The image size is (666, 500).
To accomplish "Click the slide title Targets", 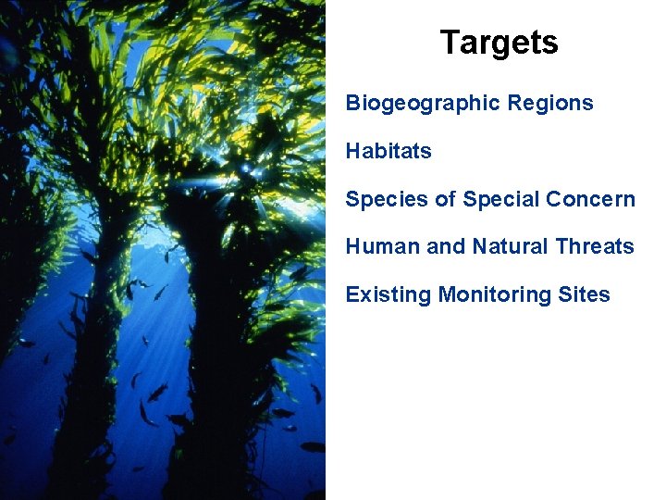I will coord(499,43).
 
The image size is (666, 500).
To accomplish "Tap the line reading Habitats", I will coord(388,151).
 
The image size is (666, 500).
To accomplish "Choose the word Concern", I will coord(591,199).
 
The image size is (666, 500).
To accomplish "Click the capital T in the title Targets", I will coord(450,43).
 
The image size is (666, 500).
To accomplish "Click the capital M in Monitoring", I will coord(448,294).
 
